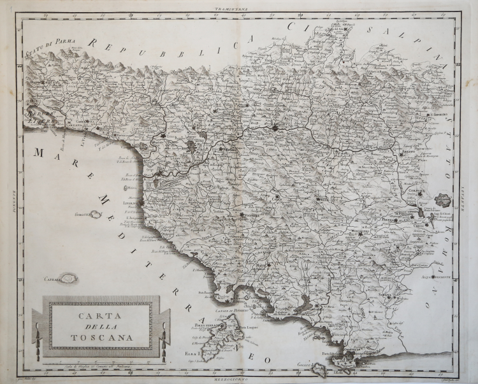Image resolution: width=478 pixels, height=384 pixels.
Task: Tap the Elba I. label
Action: (191, 352)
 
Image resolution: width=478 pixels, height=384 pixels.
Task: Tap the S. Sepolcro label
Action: (438, 115)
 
